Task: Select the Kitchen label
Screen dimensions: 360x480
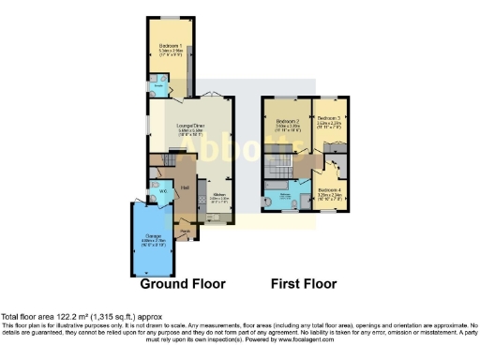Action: click(x=217, y=197)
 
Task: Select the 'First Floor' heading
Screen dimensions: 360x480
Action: click(x=304, y=283)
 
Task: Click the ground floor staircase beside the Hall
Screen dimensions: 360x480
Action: click(x=178, y=160)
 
